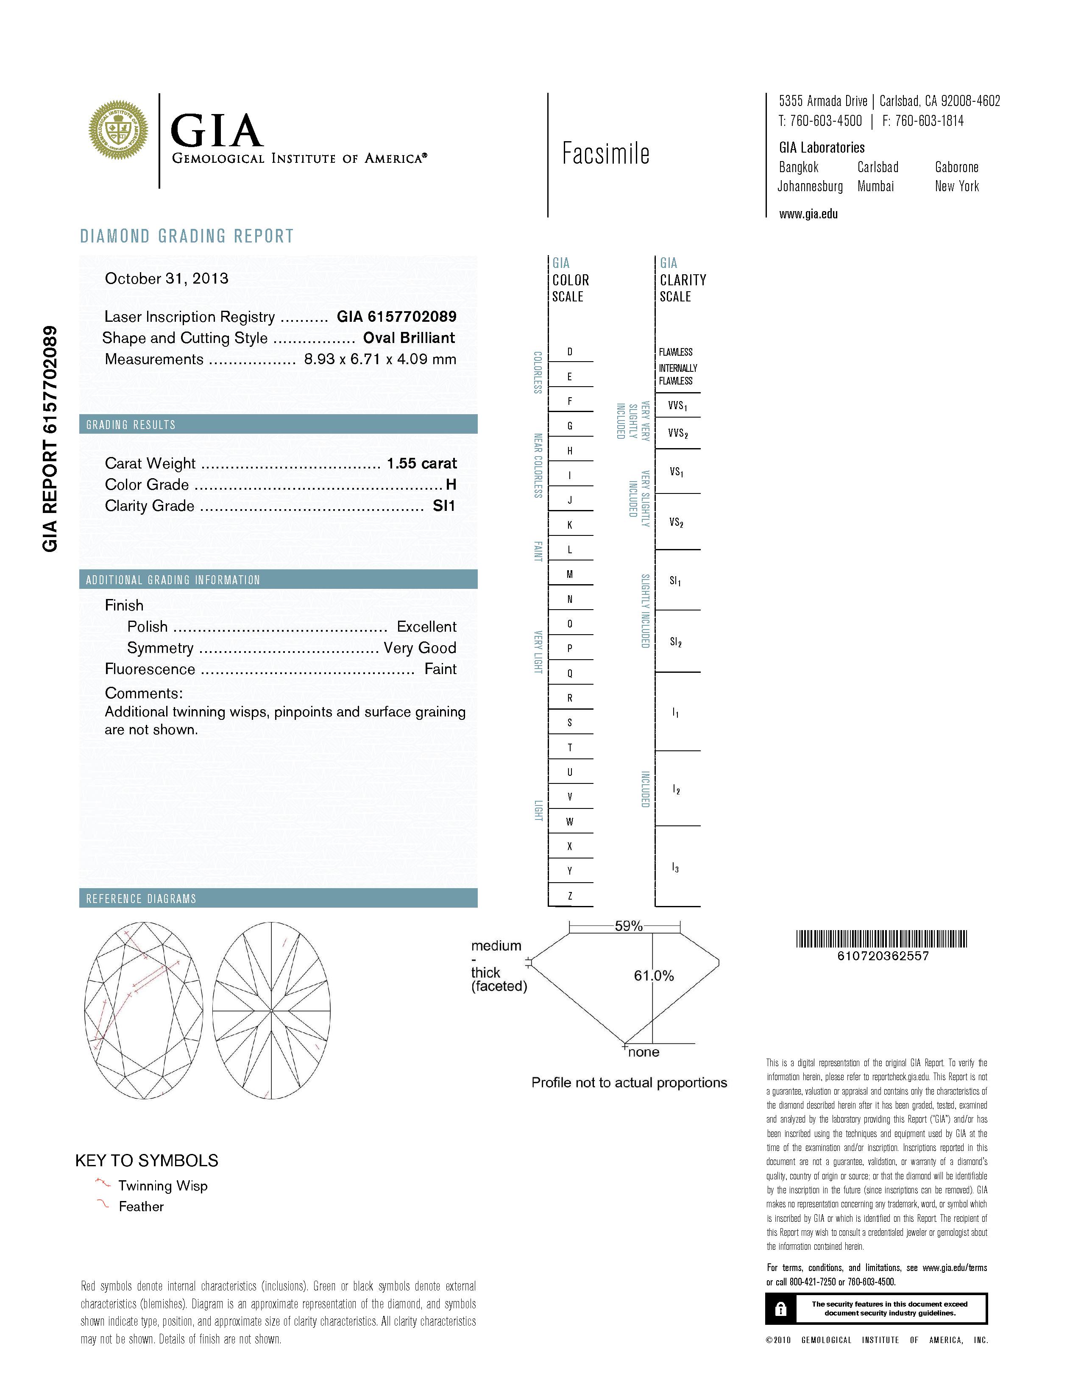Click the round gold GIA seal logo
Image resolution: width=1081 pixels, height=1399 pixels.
pyautogui.click(x=118, y=131)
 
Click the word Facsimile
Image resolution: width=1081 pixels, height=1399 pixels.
pyautogui.click(x=606, y=154)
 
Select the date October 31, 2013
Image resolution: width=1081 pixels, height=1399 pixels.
pyautogui.click(x=167, y=279)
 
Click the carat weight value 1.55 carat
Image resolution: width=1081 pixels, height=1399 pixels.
pyautogui.click(x=421, y=463)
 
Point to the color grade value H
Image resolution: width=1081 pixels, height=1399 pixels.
pyautogui.click(x=451, y=485)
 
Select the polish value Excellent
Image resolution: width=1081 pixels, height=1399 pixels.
pyautogui.click(x=426, y=627)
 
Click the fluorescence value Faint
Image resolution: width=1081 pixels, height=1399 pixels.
pyautogui.click(x=440, y=669)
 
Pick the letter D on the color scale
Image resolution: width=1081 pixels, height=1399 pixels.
pyautogui.click(x=570, y=352)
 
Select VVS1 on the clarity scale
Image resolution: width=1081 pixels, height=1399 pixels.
pyautogui.click(x=677, y=405)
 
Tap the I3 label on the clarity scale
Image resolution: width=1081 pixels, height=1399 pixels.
pyautogui.click(x=676, y=867)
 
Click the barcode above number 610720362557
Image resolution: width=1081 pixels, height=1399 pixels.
pyautogui.click(x=881, y=939)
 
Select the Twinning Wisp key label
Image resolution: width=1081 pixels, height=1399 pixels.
pyautogui.click(x=163, y=1186)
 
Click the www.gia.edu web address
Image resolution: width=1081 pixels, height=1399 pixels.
pyautogui.click(x=808, y=215)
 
